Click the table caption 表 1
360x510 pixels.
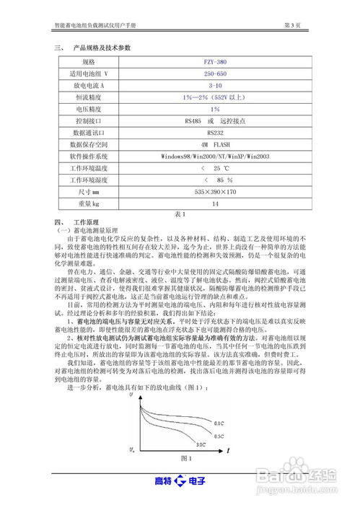tap(180, 214)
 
